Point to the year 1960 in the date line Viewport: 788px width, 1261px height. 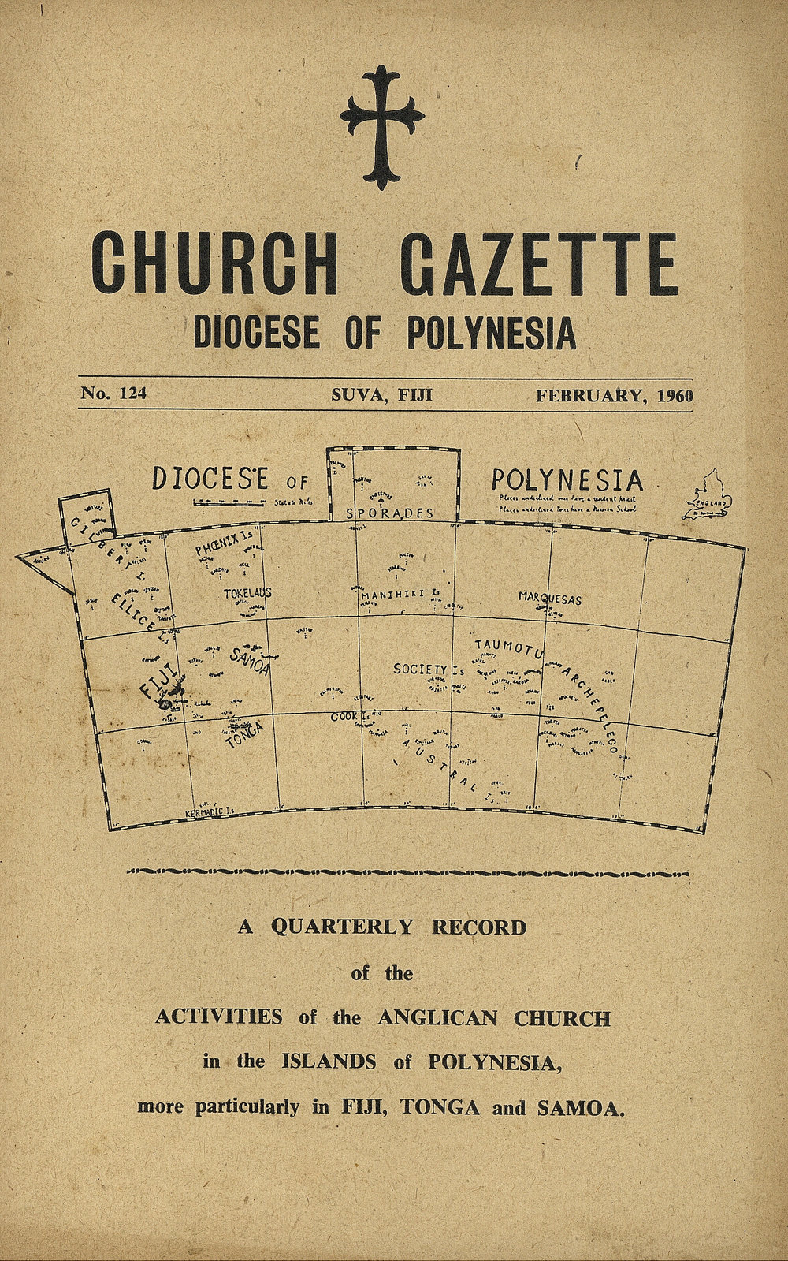click(674, 395)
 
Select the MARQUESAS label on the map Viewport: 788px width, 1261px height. click(549, 599)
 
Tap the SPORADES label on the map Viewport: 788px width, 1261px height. click(390, 513)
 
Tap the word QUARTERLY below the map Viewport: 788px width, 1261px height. click(342, 927)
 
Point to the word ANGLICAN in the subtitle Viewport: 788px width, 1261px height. click(437, 1017)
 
